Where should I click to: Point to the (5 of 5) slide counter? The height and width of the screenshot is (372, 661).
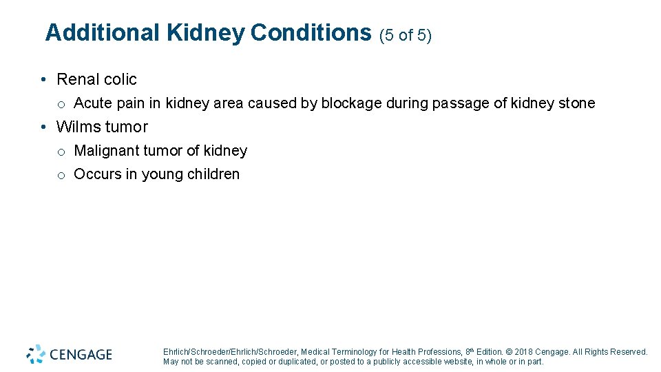pos(406,35)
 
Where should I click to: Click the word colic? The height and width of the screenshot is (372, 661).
pos(121,79)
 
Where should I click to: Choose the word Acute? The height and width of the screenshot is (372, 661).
pos(93,103)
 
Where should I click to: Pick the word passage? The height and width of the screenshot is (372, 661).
pos(461,104)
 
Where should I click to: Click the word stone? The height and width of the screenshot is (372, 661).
pos(576,103)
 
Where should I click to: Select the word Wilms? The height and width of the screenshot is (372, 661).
pos(78,127)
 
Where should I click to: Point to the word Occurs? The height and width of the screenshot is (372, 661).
pos(97,174)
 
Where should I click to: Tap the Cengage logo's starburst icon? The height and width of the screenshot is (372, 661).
pos(36,354)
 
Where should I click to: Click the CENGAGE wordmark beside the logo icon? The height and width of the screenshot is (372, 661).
pos(80,355)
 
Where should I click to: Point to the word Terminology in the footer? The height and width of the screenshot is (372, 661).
pos(355,352)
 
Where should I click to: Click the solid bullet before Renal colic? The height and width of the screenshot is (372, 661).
pos(43,80)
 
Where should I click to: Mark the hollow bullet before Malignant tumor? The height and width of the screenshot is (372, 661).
pos(61,152)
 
